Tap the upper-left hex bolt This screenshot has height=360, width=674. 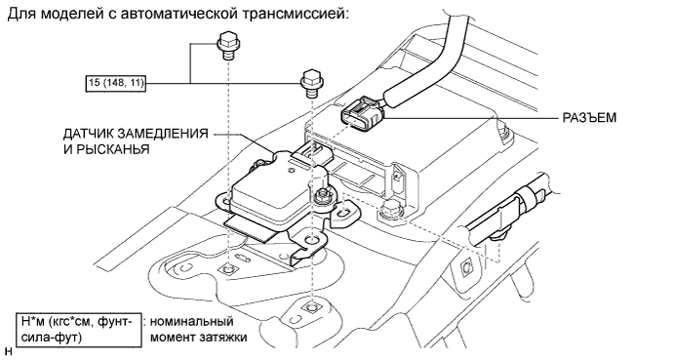227,46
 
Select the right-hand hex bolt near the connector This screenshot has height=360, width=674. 312,83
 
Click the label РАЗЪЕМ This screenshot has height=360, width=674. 589,117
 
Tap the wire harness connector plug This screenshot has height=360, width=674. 363,112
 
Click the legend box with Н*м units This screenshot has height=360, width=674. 79,330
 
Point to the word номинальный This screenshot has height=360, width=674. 192,321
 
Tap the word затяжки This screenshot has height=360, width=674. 223,338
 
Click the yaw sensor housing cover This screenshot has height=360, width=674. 275,185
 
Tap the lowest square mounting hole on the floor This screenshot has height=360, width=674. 308,306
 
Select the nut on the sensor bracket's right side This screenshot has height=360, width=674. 322,196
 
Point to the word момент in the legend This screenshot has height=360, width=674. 174,338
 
